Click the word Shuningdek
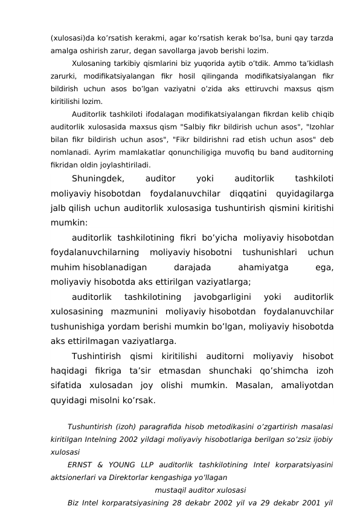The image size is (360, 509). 98,179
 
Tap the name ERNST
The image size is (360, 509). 81,465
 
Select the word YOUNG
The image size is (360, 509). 125,465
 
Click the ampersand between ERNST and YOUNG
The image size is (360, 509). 102,465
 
